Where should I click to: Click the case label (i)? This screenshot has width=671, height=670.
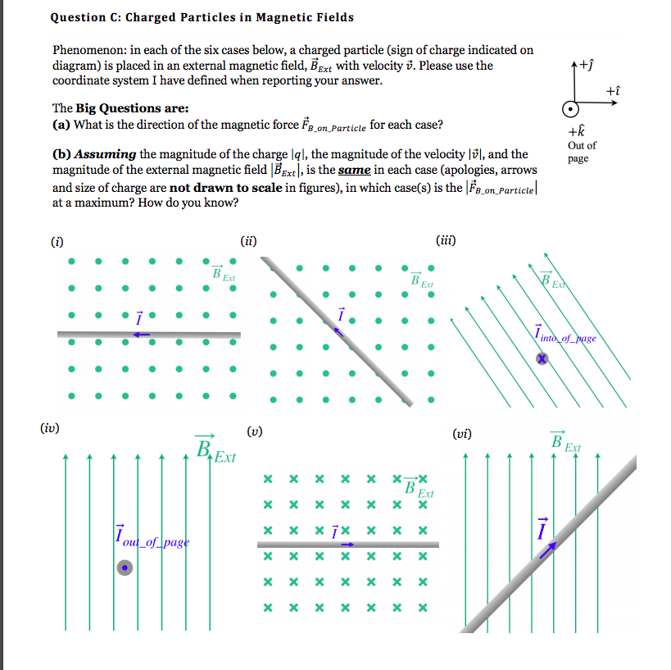(57, 240)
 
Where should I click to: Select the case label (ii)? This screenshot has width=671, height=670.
(249, 240)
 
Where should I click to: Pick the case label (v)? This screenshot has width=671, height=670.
(254, 431)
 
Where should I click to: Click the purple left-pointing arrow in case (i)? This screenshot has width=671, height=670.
(141, 335)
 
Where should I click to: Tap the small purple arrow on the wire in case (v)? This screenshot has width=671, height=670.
(347, 544)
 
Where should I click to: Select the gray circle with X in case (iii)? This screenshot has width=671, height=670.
(542, 358)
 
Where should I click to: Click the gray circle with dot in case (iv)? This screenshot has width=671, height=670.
(125, 567)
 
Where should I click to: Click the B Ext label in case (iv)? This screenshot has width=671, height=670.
(214, 450)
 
